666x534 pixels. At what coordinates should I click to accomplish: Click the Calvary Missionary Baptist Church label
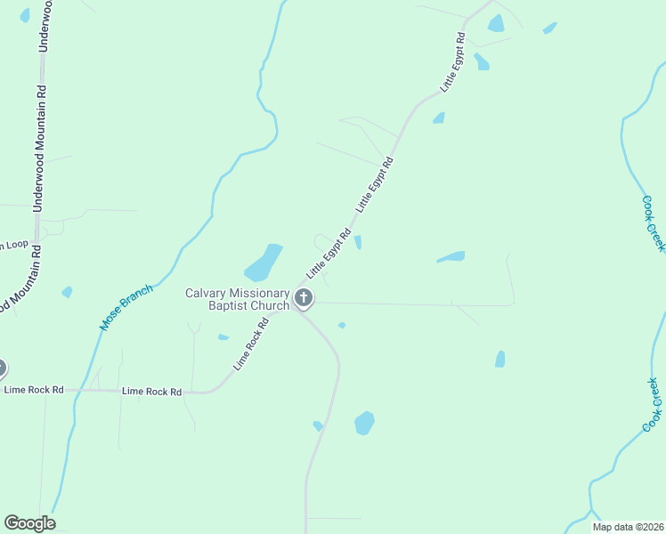click(237, 299)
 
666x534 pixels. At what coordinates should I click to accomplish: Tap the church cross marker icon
click(304, 298)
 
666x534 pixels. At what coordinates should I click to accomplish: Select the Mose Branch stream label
click(126, 308)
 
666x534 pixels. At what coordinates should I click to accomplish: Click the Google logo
click(29, 523)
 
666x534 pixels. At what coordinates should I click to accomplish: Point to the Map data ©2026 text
click(627, 527)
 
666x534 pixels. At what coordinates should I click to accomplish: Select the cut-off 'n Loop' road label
click(14, 245)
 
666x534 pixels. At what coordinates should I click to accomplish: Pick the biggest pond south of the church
click(364, 423)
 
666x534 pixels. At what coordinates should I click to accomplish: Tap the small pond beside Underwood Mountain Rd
click(67, 292)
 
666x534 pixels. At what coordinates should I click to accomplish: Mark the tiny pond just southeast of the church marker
click(342, 326)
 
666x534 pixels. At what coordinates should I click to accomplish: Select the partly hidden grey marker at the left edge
click(2, 368)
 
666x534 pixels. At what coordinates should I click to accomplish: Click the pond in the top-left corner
click(24, 14)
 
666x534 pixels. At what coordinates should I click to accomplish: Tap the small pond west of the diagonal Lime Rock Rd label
click(223, 337)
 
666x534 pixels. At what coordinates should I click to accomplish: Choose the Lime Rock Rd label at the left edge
click(34, 390)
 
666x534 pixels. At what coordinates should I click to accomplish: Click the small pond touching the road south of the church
click(318, 426)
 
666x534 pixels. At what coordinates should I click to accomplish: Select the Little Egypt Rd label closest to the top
click(453, 63)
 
